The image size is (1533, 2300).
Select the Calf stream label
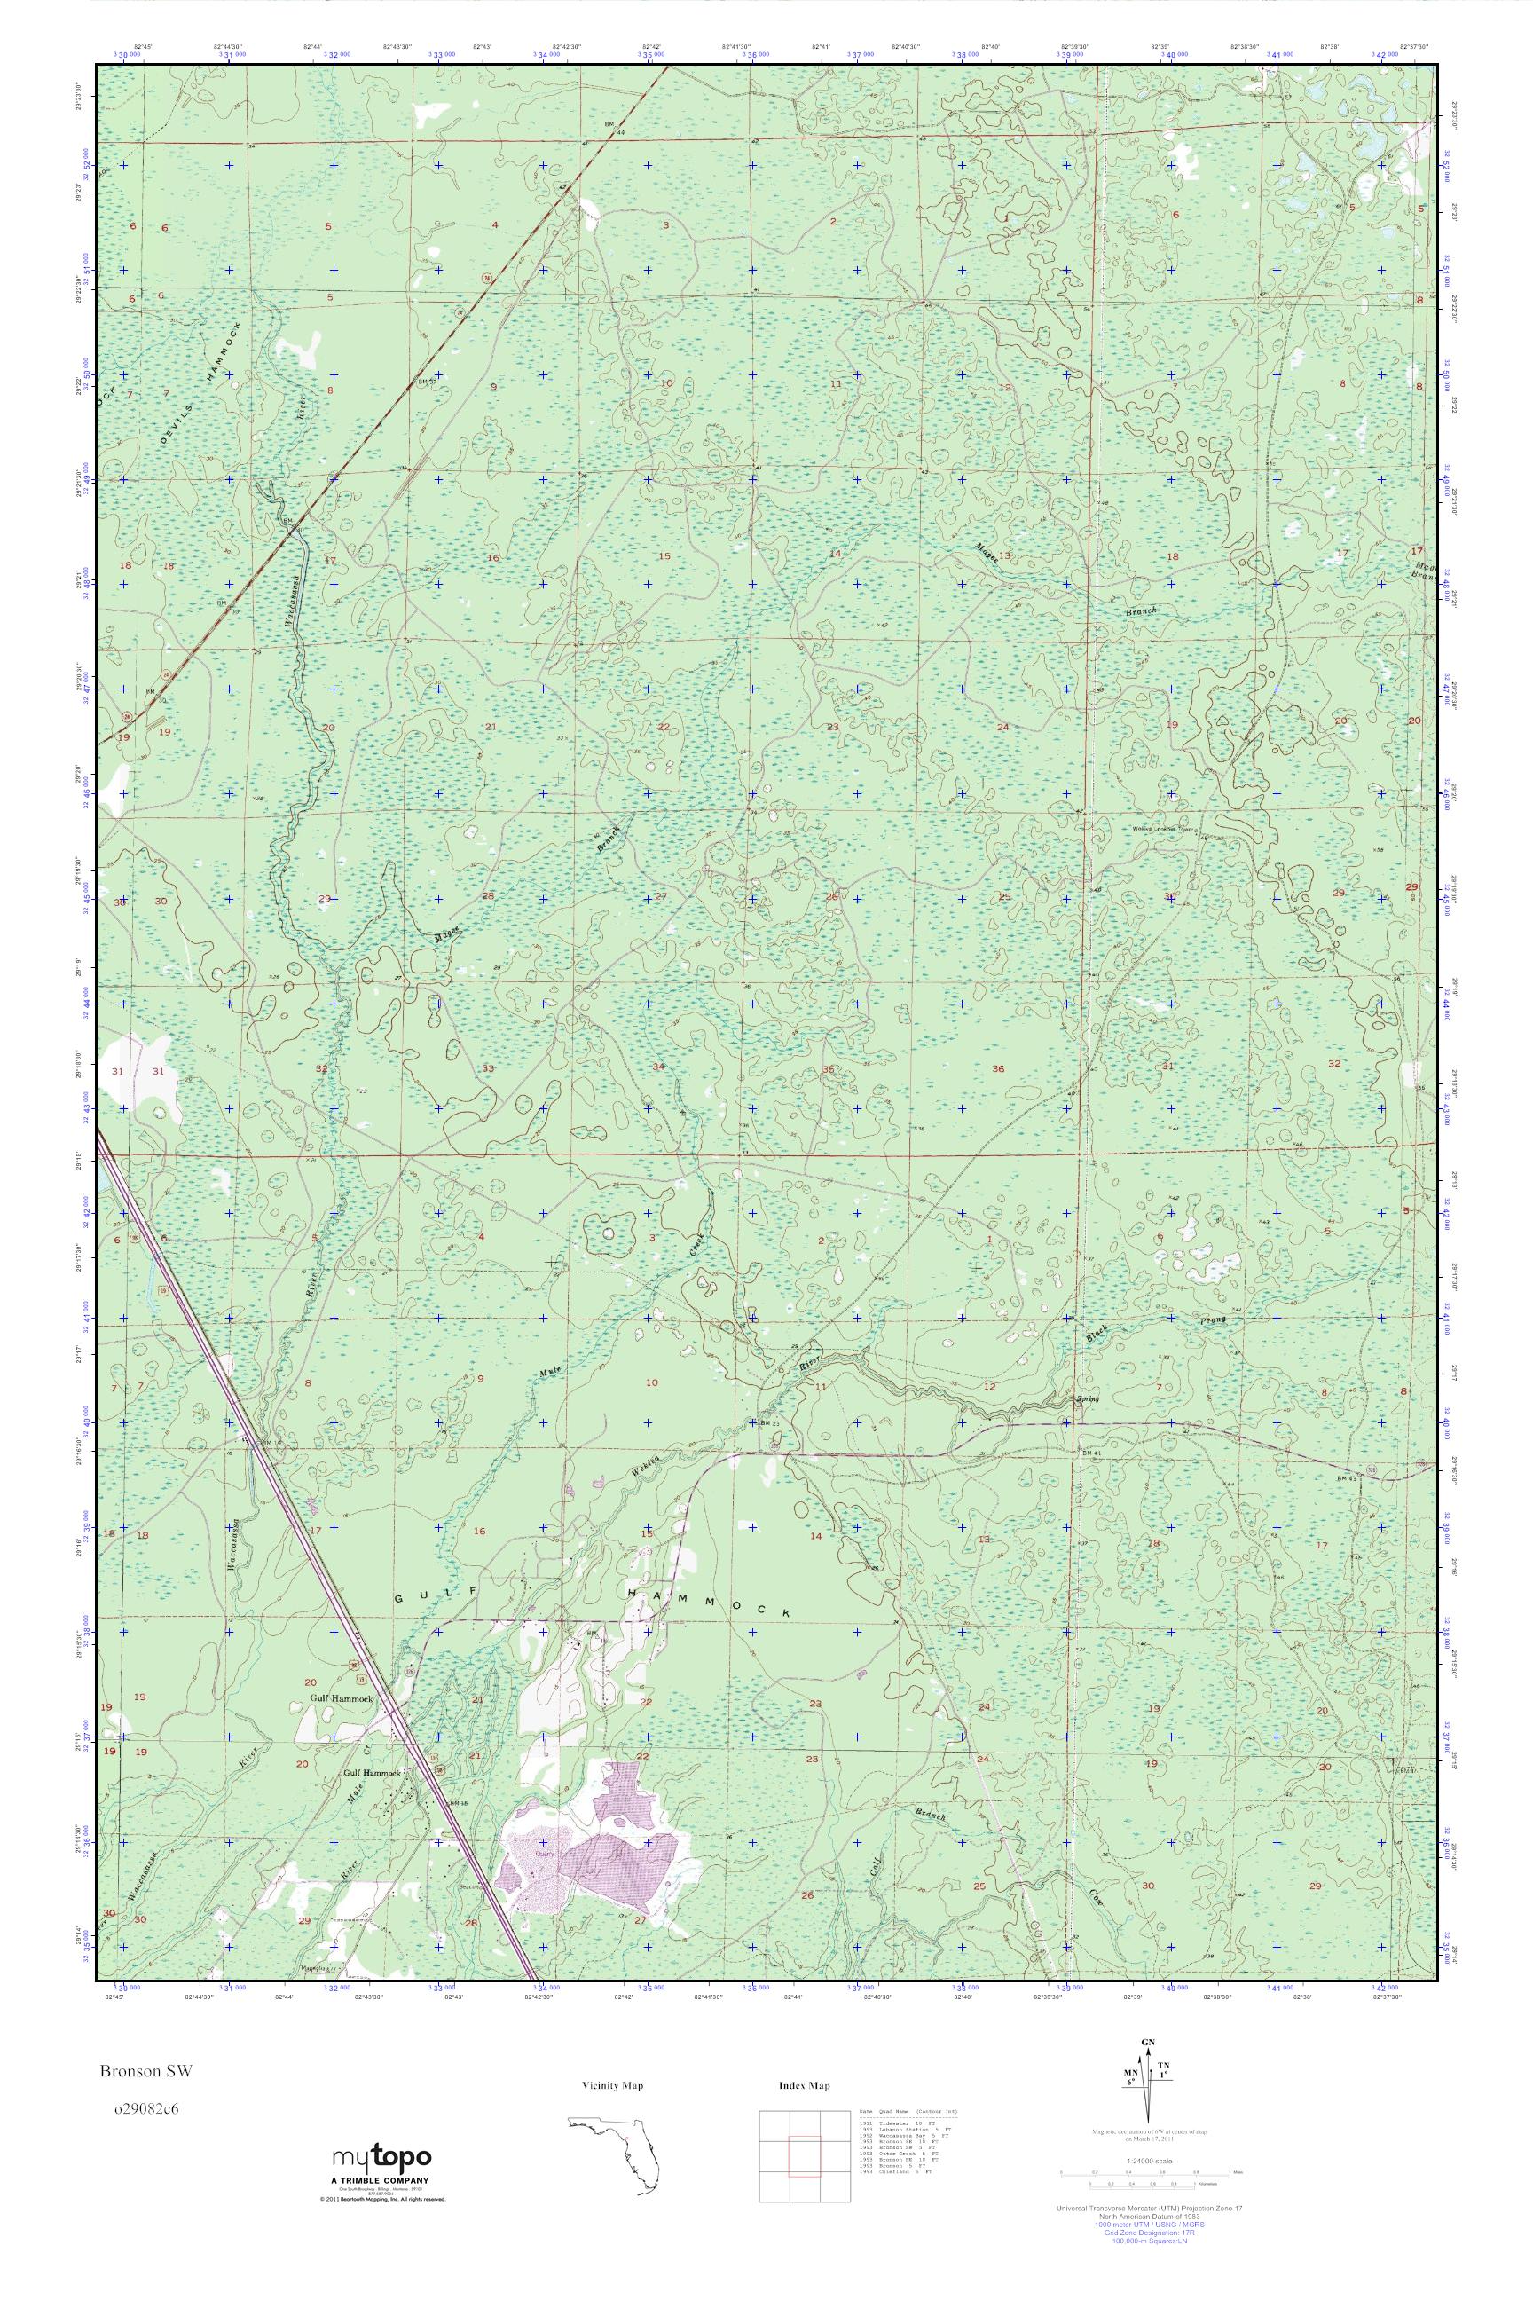(x=874, y=1866)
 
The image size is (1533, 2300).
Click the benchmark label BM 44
(x=614, y=128)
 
